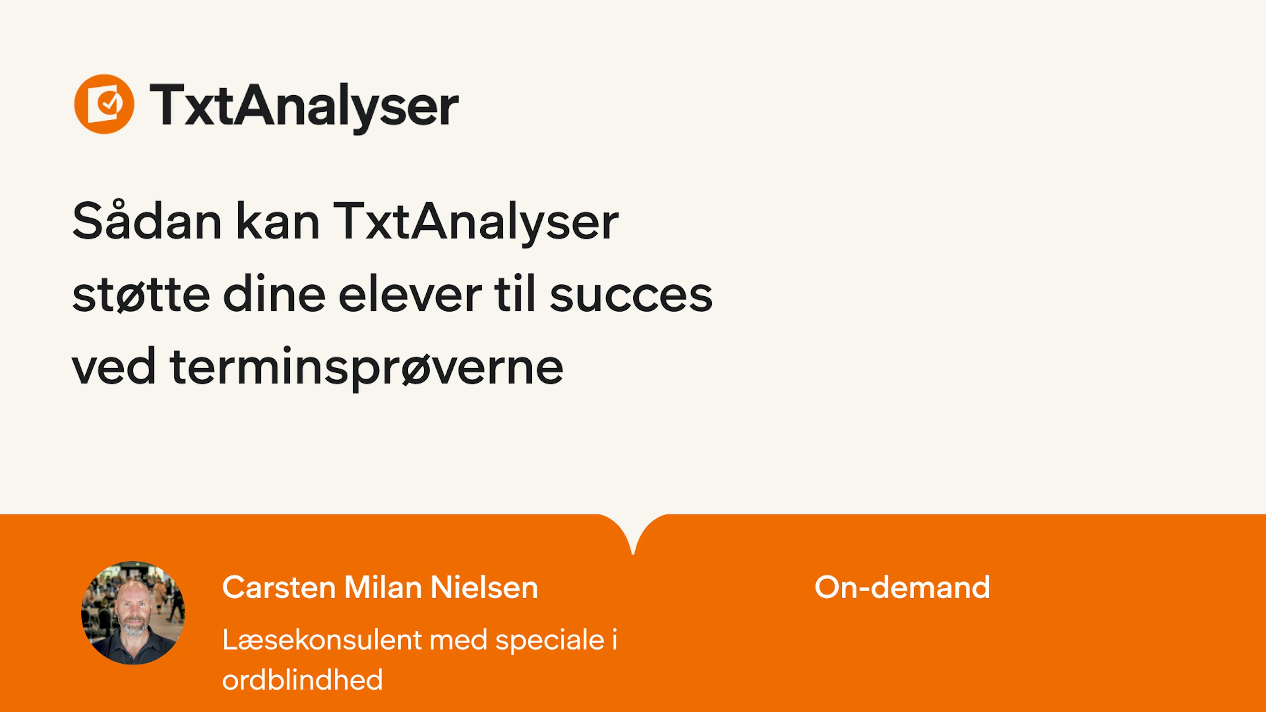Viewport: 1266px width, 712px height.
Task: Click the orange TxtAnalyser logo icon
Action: (104, 104)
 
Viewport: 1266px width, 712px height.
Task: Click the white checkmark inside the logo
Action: (108, 103)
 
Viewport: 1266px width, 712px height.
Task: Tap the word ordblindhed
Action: (302, 680)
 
